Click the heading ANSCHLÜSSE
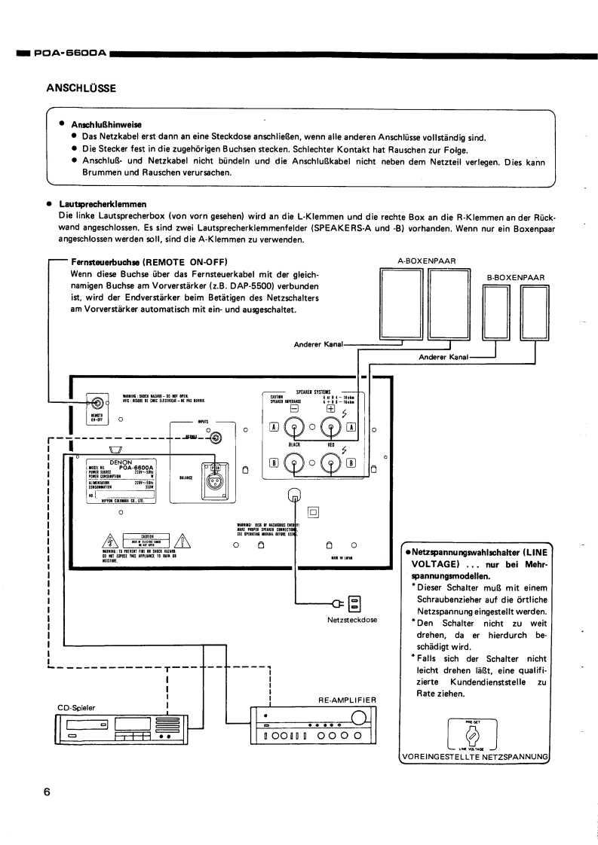[81, 88]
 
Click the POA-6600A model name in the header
[63, 53]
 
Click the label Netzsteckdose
[353, 621]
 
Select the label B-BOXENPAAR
[515, 277]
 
